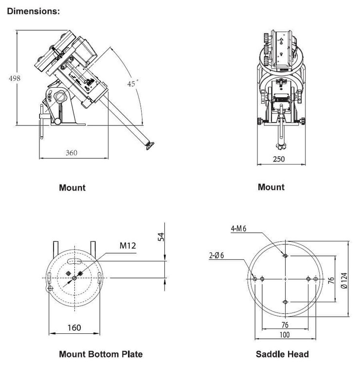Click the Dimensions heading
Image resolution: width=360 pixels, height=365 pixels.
[x=33, y=11]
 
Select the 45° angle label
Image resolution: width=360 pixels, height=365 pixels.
[x=133, y=84]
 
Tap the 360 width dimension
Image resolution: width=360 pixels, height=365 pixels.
[x=71, y=152]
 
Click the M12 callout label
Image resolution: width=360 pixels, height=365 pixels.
[x=128, y=246]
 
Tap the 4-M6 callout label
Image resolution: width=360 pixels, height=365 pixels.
[x=238, y=228]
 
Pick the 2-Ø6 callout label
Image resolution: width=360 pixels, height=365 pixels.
[x=216, y=255]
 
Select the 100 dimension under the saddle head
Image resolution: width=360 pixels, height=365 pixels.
[x=285, y=335]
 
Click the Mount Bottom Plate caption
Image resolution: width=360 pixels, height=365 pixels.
[x=101, y=354]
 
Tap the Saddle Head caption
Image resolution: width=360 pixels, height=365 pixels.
[x=282, y=354]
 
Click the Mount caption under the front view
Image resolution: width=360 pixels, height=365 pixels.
[x=271, y=187]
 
